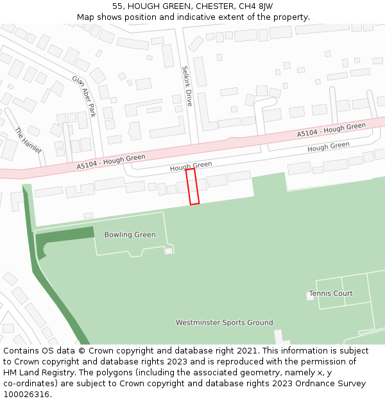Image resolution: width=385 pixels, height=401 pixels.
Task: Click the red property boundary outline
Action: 193,187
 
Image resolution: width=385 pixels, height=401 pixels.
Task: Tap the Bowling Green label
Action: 130,235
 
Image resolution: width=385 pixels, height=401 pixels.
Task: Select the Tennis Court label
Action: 330,294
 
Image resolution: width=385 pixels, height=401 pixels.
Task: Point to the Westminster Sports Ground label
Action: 224,323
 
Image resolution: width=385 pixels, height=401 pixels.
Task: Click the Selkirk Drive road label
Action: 186,85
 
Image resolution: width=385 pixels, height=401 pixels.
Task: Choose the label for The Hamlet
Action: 28,141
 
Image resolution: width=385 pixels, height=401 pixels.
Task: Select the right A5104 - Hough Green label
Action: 331,130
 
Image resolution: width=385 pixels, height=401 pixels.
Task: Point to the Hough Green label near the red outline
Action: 191,166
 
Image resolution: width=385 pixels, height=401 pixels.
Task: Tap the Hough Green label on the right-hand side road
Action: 328,147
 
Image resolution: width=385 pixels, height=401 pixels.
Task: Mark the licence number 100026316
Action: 27,395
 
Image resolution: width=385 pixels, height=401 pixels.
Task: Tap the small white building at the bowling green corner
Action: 169,250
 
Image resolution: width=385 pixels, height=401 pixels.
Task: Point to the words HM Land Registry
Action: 38,373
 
